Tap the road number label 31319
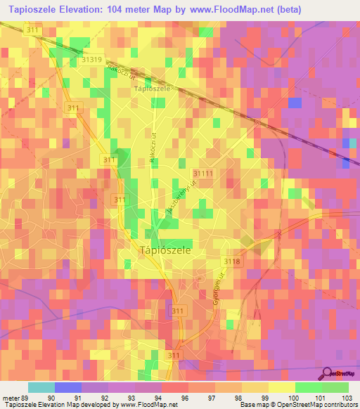(x=91, y=60)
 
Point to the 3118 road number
(x=233, y=262)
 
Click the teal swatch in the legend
(x=41, y=387)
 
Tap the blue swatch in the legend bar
(x=68, y=387)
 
